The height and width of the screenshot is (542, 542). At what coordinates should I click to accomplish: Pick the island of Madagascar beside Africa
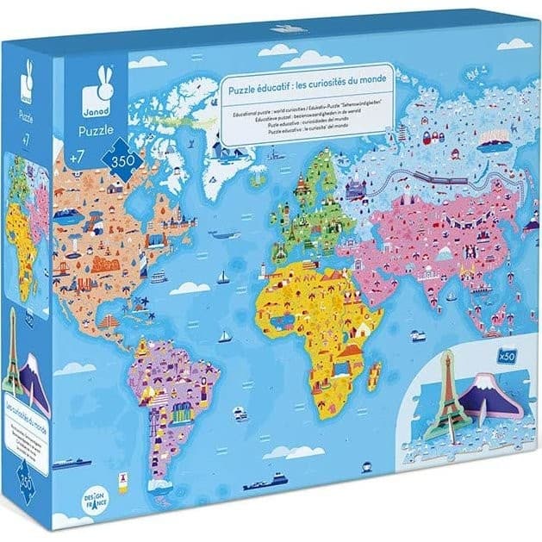click(x=374, y=375)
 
